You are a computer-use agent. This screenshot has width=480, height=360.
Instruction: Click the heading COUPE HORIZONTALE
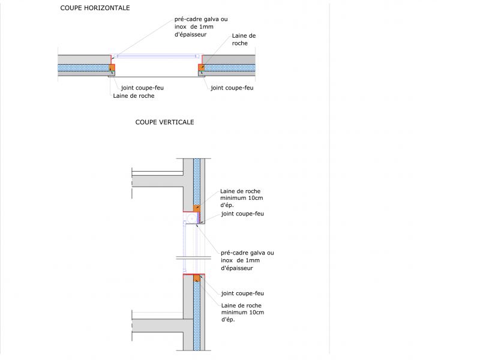95,8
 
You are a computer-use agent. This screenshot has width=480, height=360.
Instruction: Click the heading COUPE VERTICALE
164,122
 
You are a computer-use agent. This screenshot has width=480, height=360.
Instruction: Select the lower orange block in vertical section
196,277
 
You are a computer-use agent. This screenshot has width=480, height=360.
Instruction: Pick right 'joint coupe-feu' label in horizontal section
232,88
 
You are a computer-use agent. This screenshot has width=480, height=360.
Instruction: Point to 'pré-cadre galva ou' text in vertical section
247,253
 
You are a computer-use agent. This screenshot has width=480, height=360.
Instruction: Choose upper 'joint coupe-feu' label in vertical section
242,214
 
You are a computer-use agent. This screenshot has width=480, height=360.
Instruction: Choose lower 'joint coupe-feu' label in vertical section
242,293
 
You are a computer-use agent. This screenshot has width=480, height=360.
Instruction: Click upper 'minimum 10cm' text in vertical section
241,198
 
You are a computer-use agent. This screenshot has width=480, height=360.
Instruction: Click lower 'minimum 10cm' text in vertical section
241,312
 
